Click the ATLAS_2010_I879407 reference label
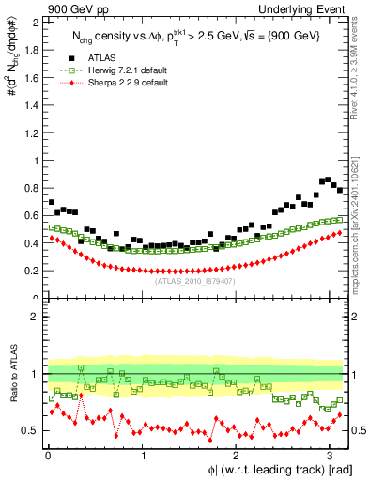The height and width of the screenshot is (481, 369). (x=195, y=279)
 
